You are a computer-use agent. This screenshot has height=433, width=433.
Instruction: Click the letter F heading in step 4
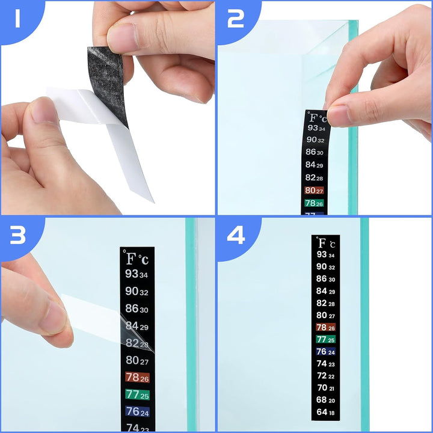click(x=322, y=243)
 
